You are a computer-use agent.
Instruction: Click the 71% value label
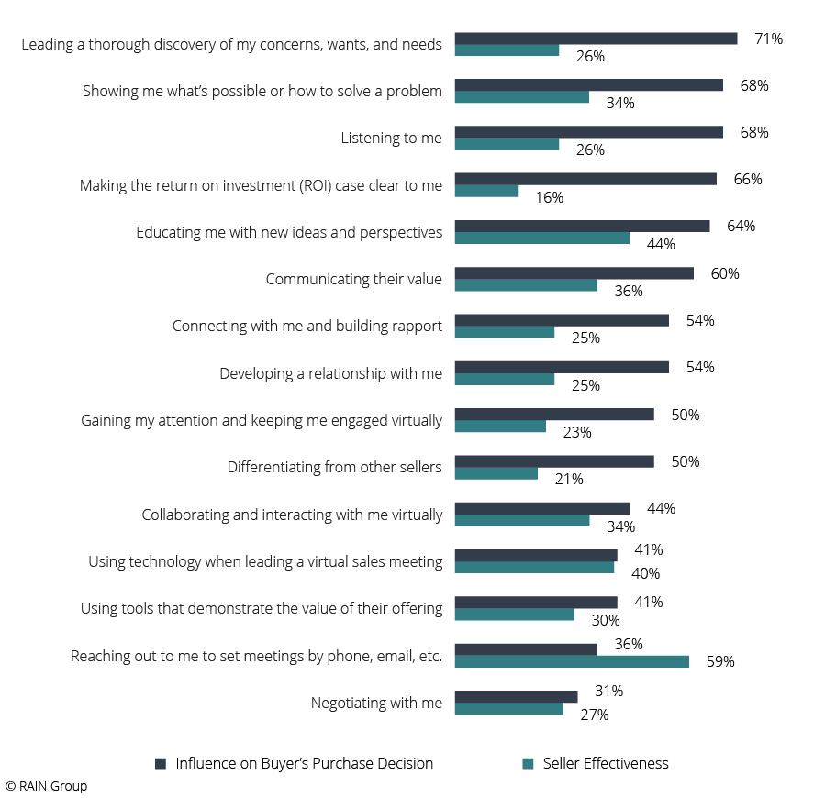click(768, 39)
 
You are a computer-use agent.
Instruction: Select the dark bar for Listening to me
click(588, 132)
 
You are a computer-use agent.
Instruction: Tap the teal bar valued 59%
click(572, 661)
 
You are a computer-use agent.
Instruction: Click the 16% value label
click(550, 197)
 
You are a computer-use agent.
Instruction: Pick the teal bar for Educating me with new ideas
click(541, 238)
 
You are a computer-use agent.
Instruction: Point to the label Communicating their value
click(353, 279)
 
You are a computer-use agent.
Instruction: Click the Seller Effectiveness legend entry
click(605, 763)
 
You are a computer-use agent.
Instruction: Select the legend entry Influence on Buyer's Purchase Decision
click(304, 763)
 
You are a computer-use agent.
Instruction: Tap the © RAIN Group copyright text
click(46, 786)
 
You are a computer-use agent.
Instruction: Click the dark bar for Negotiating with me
click(516, 696)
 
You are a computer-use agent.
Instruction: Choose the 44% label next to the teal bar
click(661, 244)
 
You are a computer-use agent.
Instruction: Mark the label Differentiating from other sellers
click(334, 467)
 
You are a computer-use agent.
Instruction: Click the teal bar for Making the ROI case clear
click(486, 191)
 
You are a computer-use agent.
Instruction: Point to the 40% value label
click(645, 573)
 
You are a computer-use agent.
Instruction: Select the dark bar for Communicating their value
click(574, 273)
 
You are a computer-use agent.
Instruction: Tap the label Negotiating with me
click(376, 703)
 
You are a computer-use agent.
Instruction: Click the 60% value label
click(725, 273)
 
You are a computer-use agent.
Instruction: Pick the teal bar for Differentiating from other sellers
click(496, 473)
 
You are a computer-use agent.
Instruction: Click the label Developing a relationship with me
click(330, 373)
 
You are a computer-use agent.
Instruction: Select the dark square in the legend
click(161, 763)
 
